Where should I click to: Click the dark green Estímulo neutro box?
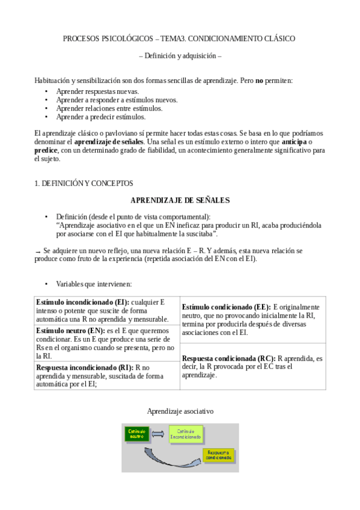pyautogui.click(x=136, y=433)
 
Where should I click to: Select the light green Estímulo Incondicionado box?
pyautogui.click(x=186, y=434)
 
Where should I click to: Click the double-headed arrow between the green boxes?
pyautogui.click(x=157, y=433)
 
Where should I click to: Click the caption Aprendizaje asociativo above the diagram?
pyautogui.click(x=180, y=411)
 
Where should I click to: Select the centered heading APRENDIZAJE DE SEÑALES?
pyautogui.click(x=180, y=200)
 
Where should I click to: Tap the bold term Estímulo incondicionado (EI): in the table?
pyautogui.click(x=82, y=302)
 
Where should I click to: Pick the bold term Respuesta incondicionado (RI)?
pyautogui.click(x=84, y=367)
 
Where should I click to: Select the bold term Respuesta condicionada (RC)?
pyautogui.click(x=228, y=358)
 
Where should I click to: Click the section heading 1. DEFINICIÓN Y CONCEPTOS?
pyautogui.click(x=84, y=183)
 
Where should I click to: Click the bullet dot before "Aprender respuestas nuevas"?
pyautogui.click(x=46, y=91)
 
